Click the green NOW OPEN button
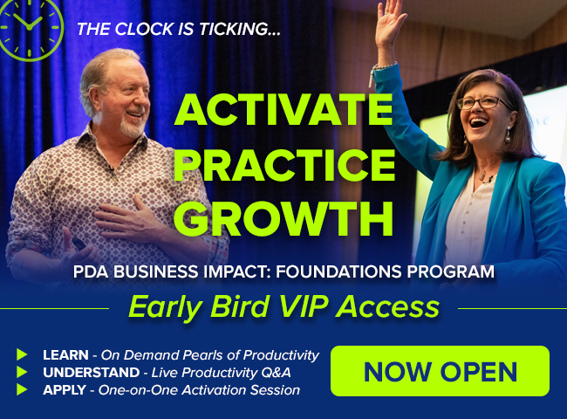pyautogui.click(x=440, y=371)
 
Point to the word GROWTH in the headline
pyautogui.click(x=283, y=218)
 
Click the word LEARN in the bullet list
pyautogui.click(x=65, y=355)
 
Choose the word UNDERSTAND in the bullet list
pyautogui.click(x=91, y=373)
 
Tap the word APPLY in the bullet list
pyautogui.click(x=65, y=390)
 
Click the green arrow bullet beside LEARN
pyautogui.click(x=22, y=354)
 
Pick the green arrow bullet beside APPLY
pyautogui.click(x=22, y=389)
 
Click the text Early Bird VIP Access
pyautogui.click(x=283, y=307)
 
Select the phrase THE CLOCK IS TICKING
pyautogui.click(x=179, y=29)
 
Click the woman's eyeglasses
pyautogui.click(x=484, y=103)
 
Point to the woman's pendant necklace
pyautogui.click(x=483, y=174)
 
